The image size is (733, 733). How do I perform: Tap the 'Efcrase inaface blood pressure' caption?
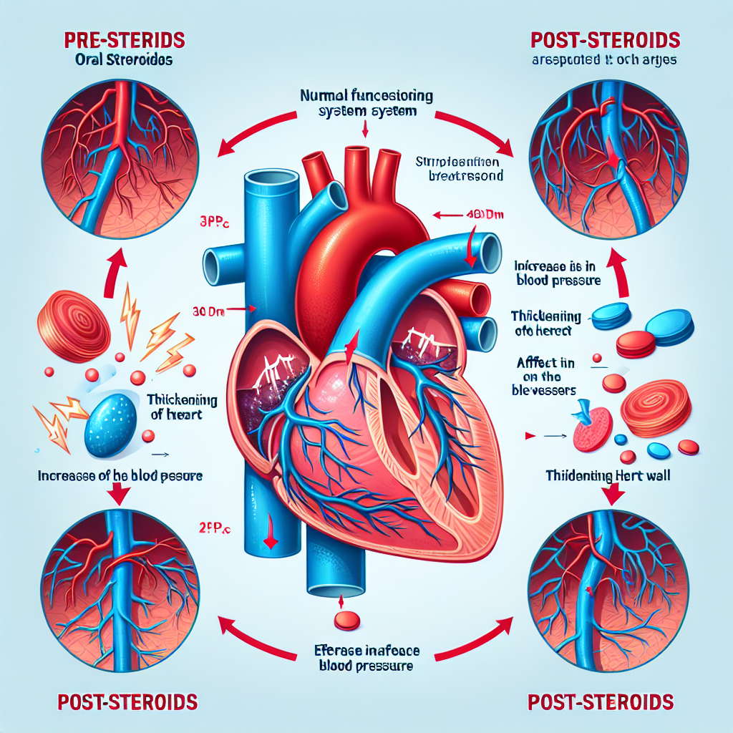(x=365, y=659)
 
